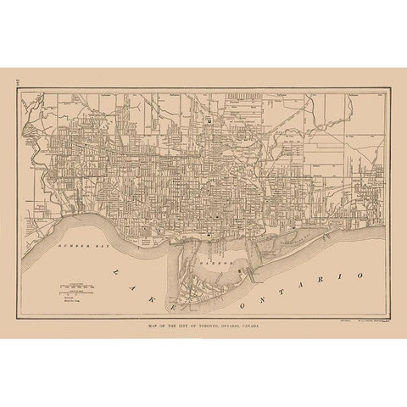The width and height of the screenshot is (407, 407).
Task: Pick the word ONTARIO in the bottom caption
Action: point(239,325)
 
